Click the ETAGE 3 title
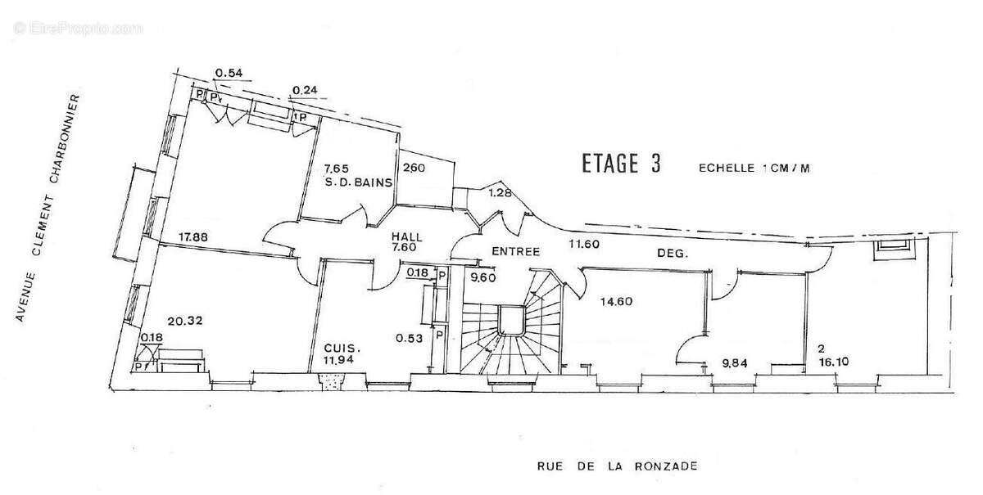621,164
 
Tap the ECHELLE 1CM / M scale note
754,168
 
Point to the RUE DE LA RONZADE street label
618,466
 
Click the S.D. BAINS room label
359,182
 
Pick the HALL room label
407,237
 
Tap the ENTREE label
515,252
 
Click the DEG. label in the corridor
673,253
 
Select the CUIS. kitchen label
342,349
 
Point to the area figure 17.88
193,237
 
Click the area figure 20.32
185,321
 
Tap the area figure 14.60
617,302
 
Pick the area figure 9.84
735,363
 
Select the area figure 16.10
833,362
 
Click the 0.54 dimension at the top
229,73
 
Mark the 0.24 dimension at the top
305,90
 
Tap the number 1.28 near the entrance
500,192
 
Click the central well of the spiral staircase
510,321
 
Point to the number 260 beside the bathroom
414,168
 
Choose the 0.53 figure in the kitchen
409,339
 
